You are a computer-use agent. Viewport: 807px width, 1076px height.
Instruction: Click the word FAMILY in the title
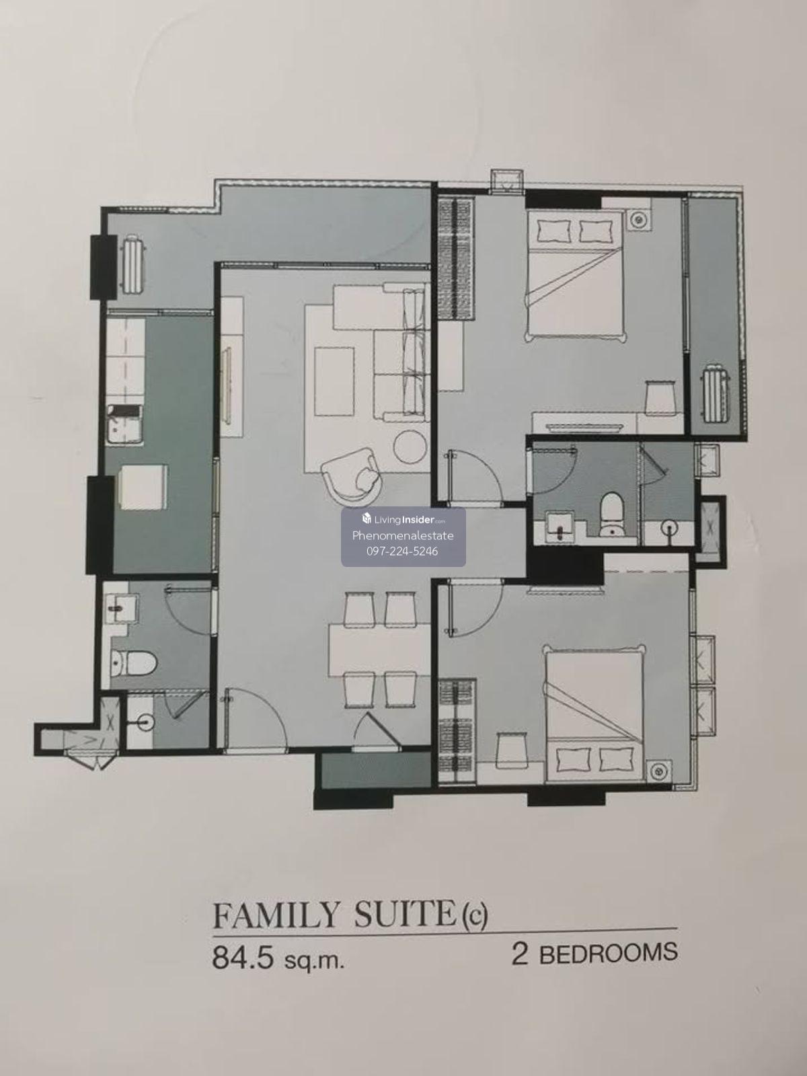(277, 915)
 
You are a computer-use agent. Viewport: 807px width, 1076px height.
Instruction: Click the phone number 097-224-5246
(402, 551)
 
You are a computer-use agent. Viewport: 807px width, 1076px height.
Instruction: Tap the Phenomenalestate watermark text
(403, 536)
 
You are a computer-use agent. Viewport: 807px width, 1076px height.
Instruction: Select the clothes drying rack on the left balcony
(132, 264)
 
